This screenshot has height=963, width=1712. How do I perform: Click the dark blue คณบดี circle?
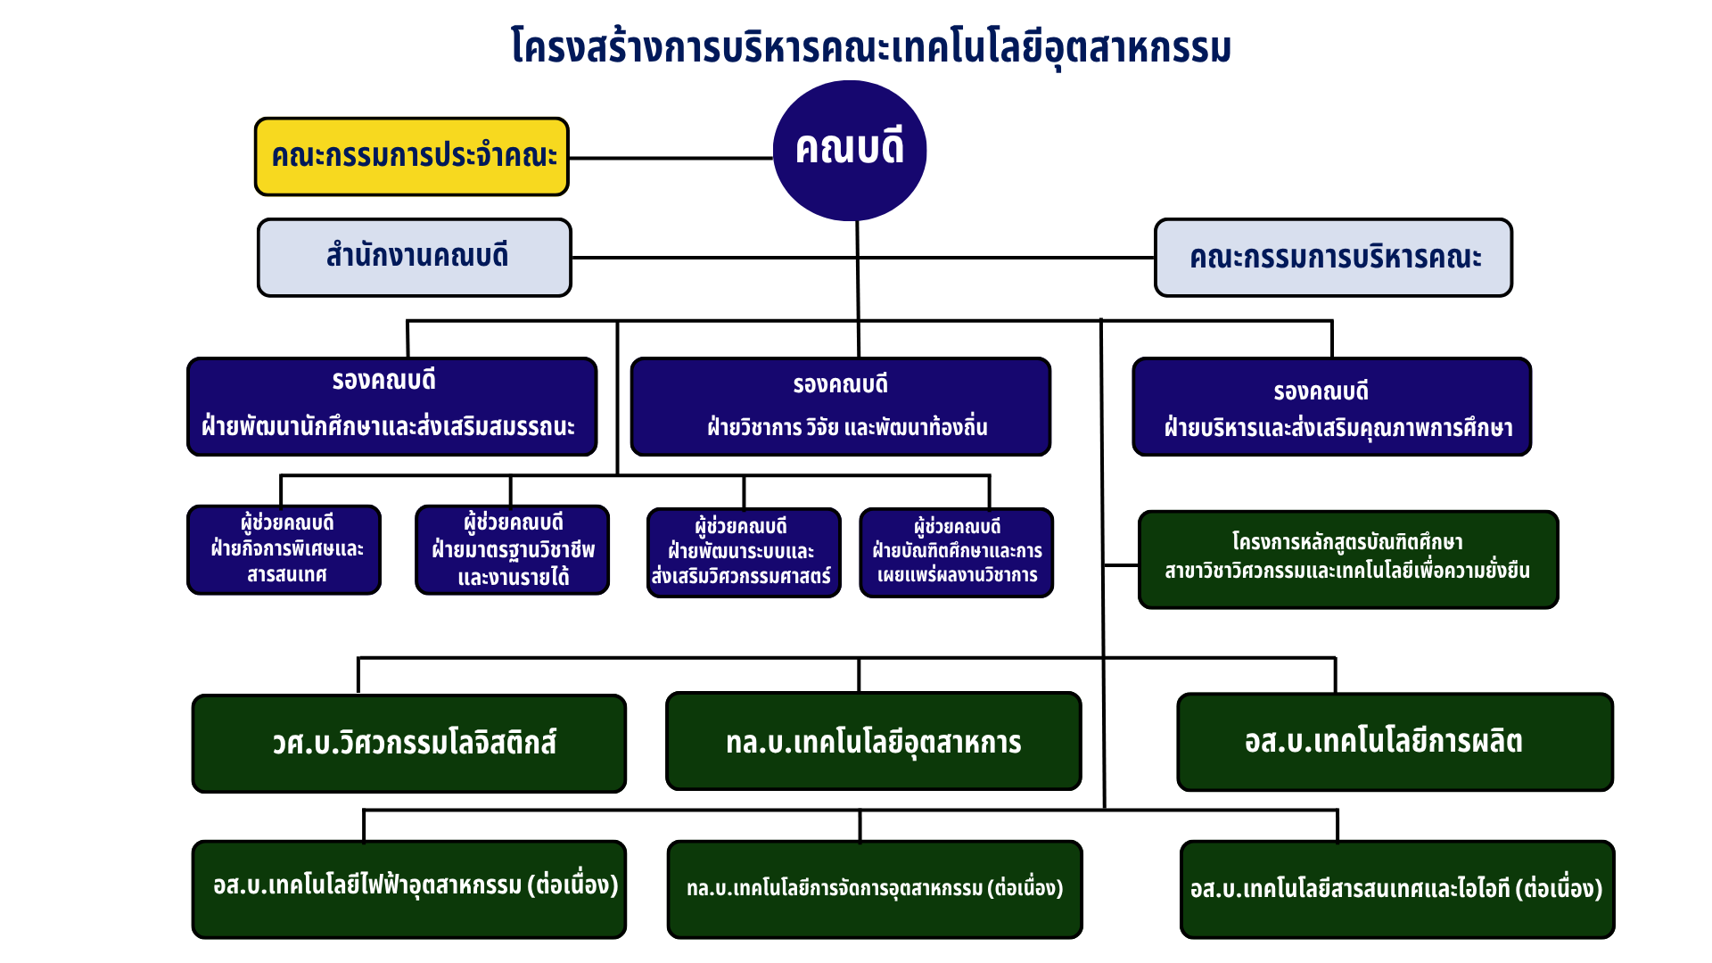850,151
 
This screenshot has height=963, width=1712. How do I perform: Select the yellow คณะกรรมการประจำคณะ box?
412,156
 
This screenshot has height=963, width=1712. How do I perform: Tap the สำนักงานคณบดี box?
415,257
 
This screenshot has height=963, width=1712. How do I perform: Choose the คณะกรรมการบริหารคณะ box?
1334,257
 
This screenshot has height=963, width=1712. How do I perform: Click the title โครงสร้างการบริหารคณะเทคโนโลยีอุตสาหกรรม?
871,46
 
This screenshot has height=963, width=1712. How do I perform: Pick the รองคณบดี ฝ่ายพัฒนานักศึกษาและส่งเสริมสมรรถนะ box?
392,407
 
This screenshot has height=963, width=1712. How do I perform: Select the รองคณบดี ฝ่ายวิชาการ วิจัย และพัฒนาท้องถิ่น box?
841,407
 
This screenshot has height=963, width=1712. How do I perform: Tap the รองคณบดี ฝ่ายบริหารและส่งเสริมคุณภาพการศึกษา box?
1332,407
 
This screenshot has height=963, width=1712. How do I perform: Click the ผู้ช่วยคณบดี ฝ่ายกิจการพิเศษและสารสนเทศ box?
284,549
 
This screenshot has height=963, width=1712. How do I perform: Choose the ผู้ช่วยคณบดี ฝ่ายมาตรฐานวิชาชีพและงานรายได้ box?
513,549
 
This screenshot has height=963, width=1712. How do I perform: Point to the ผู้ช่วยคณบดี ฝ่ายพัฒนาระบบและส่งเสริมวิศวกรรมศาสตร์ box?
744,553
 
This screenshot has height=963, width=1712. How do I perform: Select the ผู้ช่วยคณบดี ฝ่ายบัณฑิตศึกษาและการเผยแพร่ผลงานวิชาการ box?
957,553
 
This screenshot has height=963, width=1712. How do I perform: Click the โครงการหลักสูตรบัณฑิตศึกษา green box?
1348,559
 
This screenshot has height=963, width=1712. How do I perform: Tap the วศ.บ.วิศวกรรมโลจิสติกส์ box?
409,743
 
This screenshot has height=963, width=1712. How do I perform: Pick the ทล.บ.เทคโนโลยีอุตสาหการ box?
874,741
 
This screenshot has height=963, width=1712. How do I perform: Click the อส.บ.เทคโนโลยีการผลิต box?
1395,742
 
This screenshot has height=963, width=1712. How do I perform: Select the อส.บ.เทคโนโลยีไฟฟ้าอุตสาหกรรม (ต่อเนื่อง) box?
409,889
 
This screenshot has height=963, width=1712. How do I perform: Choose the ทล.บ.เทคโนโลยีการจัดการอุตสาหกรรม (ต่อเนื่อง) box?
875,889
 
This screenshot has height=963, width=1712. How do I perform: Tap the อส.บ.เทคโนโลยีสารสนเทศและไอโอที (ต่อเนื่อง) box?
1397,889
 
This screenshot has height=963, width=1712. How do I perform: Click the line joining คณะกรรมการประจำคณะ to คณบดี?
671,158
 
